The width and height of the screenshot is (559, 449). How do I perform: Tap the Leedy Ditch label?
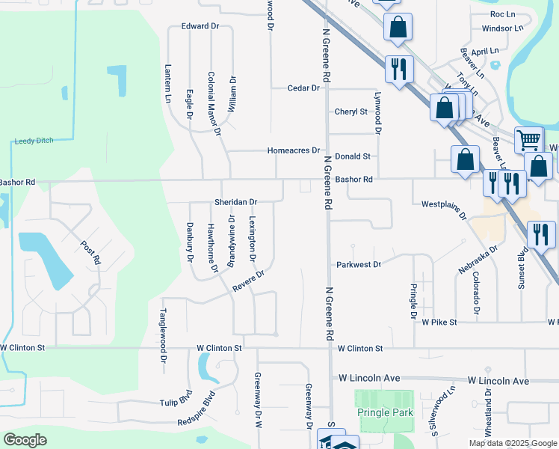35,141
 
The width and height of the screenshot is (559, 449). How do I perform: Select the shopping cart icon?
528,140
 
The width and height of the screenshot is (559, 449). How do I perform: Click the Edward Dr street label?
200,26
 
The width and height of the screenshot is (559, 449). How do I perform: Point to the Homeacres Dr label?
294,150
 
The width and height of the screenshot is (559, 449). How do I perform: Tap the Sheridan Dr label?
235,202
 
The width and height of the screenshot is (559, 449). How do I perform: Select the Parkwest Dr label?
359,264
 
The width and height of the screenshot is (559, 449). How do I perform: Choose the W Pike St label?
439,322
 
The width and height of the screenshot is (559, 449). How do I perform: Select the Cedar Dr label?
303,88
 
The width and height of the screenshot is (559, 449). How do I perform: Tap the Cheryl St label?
351,112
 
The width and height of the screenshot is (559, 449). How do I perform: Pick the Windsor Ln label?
502,28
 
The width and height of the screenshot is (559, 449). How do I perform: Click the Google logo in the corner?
25,440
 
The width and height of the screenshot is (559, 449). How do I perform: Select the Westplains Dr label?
444,209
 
